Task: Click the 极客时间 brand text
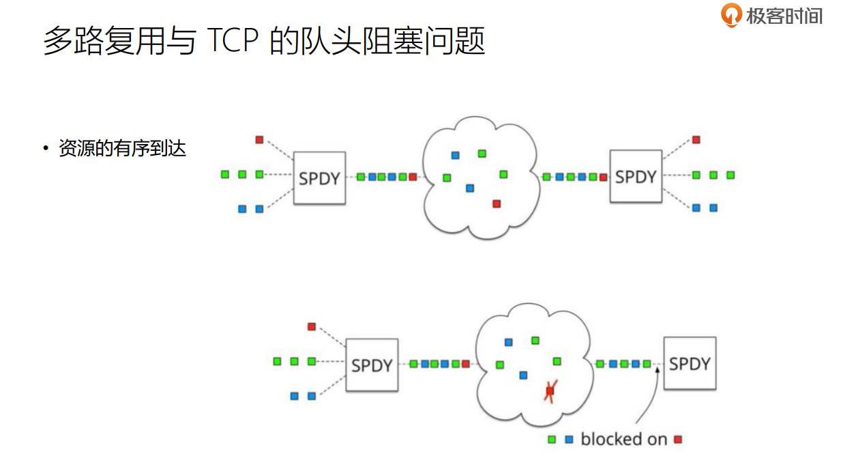pyautogui.click(x=784, y=16)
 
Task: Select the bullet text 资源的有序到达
pyautogui.click(x=123, y=149)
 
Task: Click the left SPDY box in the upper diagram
pyautogui.click(x=319, y=177)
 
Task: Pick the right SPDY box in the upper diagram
pyautogui.click(x=636, y=176)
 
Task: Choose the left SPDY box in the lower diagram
pyautogui.click(x=372, y=365)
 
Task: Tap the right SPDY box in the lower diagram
pyautogui.click(x=690, y=363)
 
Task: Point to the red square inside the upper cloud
pyautogui.click(x=497, y=203)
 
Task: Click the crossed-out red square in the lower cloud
pyautogui.click(x=550, y=391)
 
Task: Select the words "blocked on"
pyautogui.click(x=623, y=440)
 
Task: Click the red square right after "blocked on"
pyautogui.click(x=678, y=440)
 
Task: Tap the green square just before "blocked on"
pyautogui.click(x=552, y=440)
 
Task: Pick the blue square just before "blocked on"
pyautogui.click(x=570, y=440)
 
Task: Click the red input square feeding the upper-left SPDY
pyautogui.click(x=259, y=140)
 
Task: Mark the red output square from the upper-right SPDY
pyautogui.click(x=696, y=140)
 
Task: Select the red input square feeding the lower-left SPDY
pyautogui.click(x=312, y=326)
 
